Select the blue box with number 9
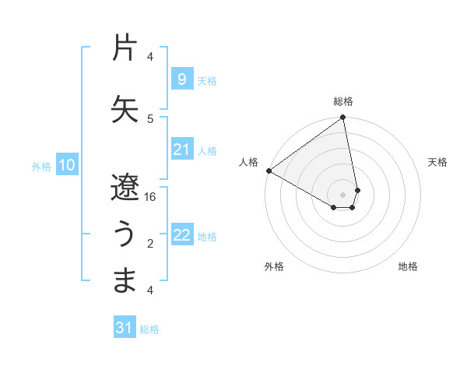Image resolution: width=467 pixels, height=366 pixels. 181,79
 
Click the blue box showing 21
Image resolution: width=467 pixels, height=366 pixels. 181,150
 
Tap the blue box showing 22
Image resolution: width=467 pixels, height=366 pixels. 181,236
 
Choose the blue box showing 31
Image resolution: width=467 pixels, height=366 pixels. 125,328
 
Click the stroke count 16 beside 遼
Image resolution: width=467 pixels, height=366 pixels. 151,197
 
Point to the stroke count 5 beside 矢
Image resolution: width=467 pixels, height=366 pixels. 150,118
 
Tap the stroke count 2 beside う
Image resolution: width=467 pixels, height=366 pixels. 150,244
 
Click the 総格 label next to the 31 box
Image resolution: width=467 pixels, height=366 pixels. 149,329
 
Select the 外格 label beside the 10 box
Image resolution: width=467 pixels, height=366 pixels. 41,166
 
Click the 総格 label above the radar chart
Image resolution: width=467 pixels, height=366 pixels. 343,101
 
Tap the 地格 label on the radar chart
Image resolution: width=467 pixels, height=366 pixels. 408,266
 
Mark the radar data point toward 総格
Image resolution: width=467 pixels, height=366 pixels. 342,118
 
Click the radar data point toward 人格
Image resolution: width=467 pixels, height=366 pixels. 269,170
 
